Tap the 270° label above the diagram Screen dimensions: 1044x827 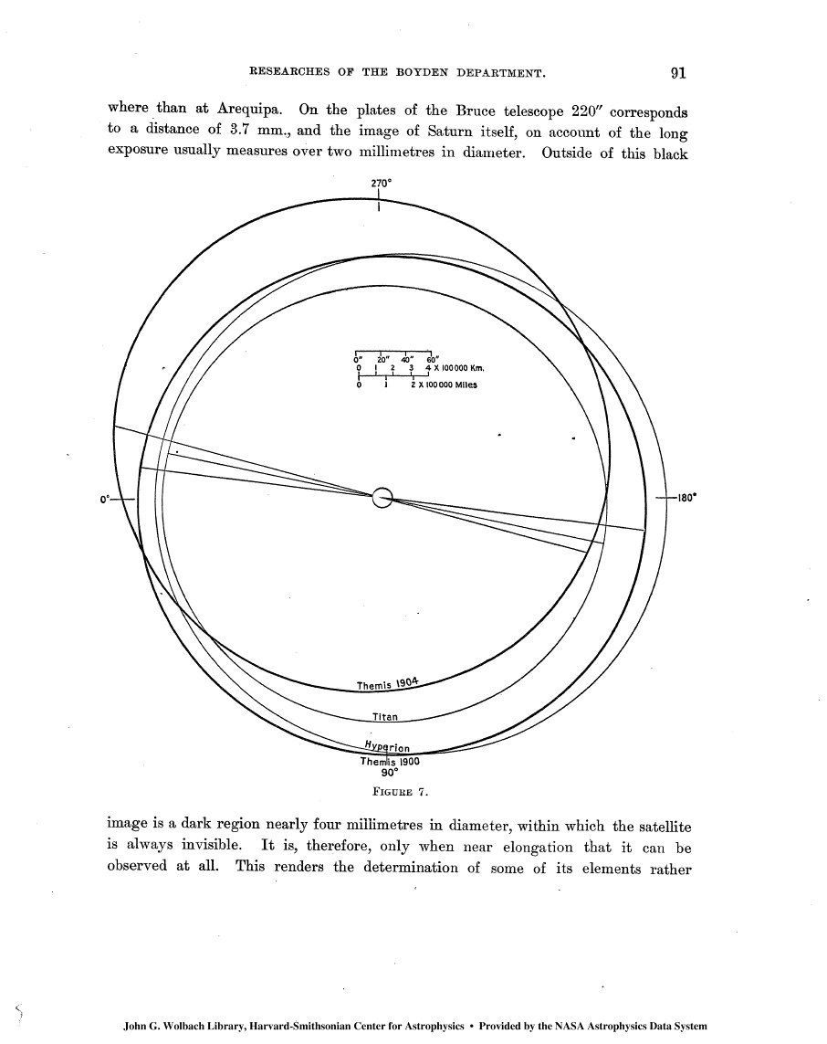(x=381, y=182)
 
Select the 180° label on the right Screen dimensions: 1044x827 (x=686, y=499)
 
